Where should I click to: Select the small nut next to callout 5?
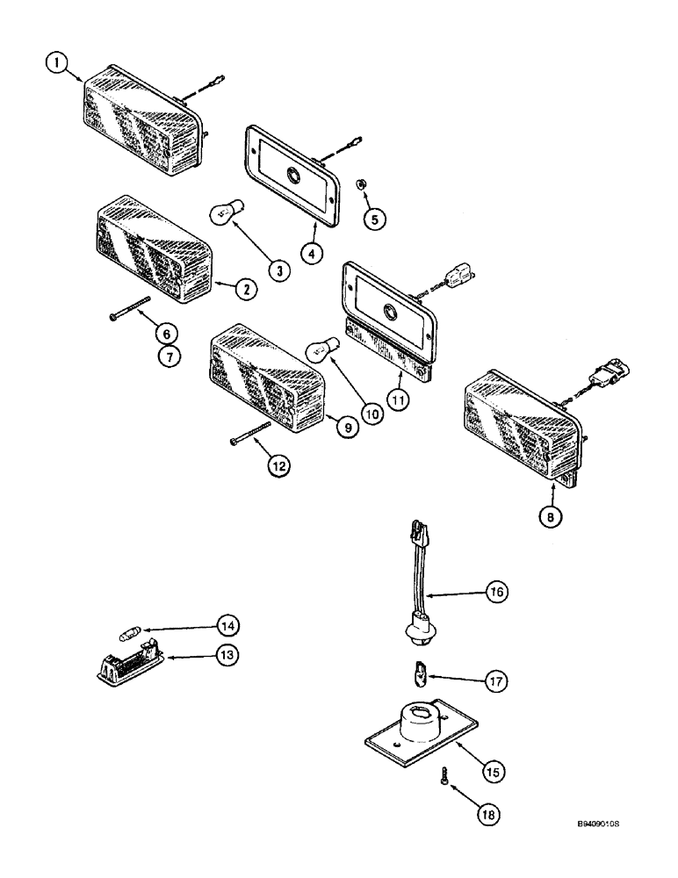pos(361,186)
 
